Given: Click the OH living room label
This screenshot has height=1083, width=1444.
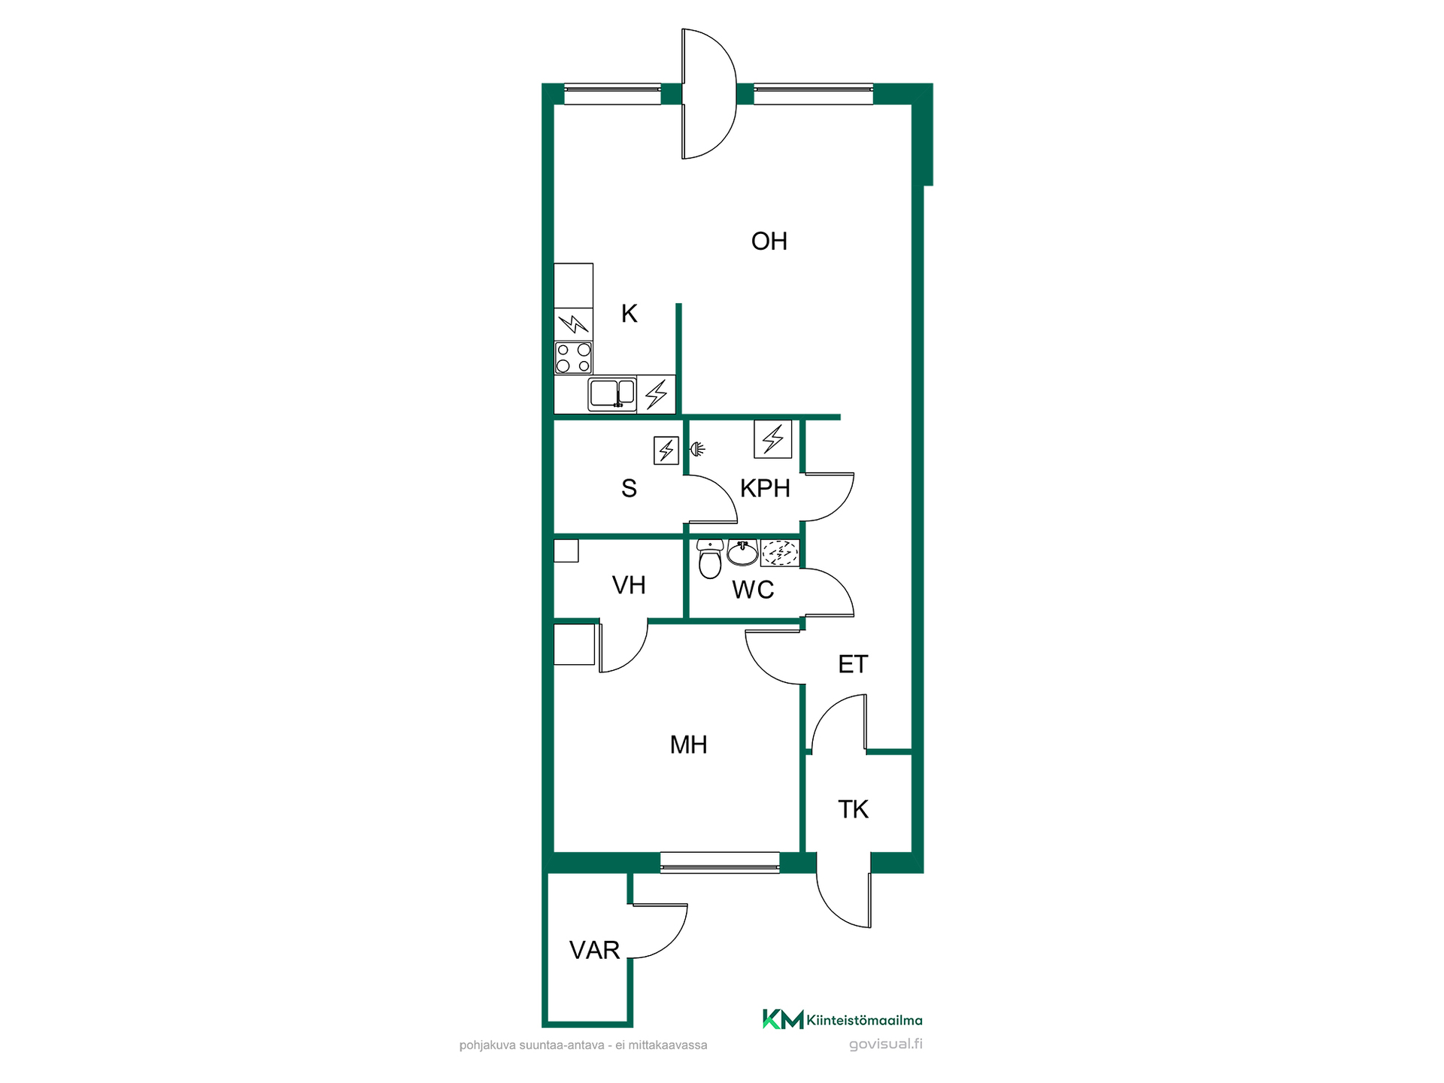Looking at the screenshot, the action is (x=769, y=241).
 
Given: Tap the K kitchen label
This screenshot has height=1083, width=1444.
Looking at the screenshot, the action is (x=629, y=314).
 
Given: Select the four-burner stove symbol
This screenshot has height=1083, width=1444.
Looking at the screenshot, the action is (x=573, y=358).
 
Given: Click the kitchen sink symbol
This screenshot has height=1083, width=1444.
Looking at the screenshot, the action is (x=611, y=393).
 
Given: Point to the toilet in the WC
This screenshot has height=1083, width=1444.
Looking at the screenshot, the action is (x=709, y=558).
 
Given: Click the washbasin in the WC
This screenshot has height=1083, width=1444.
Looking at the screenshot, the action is (x=742, y=552).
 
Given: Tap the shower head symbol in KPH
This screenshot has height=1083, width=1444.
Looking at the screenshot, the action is (x=698, y=450).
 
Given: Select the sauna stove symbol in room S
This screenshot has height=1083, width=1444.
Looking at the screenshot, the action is (x=666, y=450).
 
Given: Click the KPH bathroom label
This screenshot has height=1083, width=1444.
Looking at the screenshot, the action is (x=765, y=488).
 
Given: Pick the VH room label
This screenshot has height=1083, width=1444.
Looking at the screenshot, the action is (x=629, y=585).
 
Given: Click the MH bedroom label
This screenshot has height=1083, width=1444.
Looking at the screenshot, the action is (x=688, y=745).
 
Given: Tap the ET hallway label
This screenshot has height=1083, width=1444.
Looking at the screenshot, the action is (x=853, y=664).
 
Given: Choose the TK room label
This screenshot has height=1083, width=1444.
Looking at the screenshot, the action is (x=853, y=809).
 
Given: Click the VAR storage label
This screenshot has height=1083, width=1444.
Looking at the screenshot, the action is (x=594, y=951).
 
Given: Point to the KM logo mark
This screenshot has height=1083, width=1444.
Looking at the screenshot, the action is (x=783, y=1019).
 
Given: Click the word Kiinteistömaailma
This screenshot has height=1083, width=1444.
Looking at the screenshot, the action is (x=864, y=1021).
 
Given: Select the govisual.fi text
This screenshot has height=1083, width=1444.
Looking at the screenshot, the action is (x=885, y=1044).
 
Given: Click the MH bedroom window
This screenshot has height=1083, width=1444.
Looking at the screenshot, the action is (x=720, y=863).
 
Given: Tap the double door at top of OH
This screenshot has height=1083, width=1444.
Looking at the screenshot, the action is (x=709, y=94).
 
